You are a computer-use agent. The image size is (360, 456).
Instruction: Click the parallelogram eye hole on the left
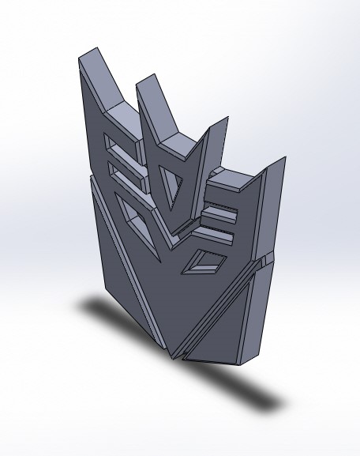click(131, 214)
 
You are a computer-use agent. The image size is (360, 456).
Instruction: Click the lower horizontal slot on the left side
click(126, 175)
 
